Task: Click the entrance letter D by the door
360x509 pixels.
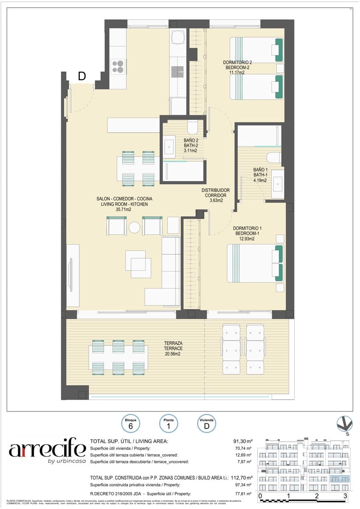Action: click(x=82, y=76)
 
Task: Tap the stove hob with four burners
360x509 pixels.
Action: click(x=118, y=67)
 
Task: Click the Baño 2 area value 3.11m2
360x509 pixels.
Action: click(x=190, y=151)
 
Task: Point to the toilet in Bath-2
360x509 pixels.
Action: click(x=192, y=126)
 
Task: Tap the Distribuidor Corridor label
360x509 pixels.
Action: click(x=216, y=196)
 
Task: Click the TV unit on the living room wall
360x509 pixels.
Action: click(x=70, y=275)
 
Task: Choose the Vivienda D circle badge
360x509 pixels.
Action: click(x=207, y=424)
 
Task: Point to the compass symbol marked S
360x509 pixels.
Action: click(x=344, y=424)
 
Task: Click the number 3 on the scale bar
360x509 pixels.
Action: click(x=345, y=495)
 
